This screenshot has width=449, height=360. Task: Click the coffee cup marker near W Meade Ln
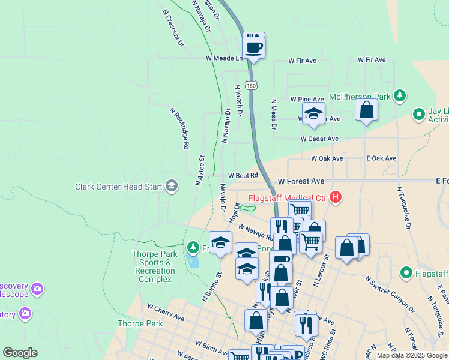(253, 46)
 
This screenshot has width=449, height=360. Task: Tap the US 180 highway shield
(253, 86)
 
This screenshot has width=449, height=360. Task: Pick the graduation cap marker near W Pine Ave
(313, 113)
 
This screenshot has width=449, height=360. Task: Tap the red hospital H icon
(336, 197)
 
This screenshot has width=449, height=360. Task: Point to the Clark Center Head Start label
(118, 187)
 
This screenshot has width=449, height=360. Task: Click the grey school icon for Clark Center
(172, 186)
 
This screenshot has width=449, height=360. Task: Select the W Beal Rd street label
(243, 175)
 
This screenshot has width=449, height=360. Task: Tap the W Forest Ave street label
(301, 181)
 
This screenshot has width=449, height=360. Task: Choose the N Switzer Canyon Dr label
(390, 294)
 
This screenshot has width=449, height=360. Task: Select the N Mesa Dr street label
(273, 115)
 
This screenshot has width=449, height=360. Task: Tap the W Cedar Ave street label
(320, 139)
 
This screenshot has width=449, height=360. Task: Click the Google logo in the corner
(20, 353)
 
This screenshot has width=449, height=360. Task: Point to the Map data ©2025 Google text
(412, 355)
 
